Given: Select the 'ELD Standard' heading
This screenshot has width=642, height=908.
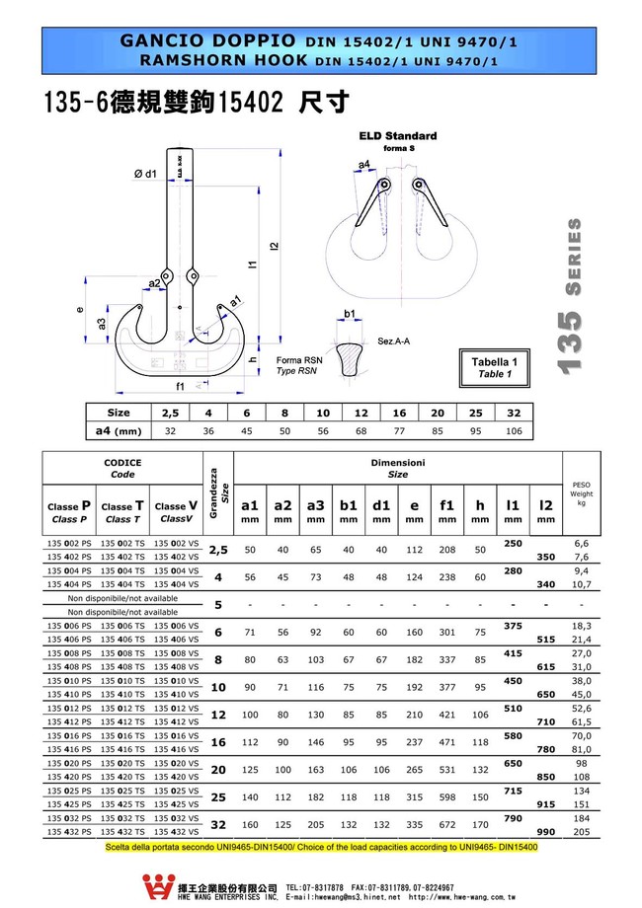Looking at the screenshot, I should point(397,136).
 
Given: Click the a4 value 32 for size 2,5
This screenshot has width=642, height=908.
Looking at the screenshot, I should point(170,431).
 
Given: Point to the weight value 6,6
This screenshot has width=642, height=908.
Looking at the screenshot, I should point(581,544).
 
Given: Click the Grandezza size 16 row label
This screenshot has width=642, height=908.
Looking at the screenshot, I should point(219,741).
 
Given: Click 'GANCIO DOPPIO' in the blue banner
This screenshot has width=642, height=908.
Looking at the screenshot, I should point(206,41).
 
